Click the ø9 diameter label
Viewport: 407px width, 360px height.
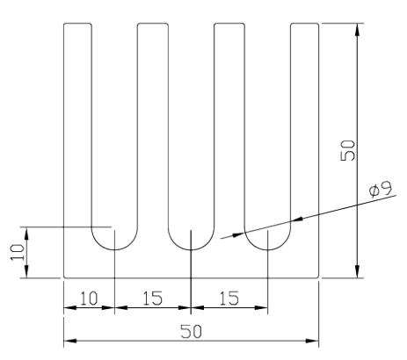coord(381,190)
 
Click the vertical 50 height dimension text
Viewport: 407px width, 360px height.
coord(348,150)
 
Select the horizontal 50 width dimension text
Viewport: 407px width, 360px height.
coord(191,331)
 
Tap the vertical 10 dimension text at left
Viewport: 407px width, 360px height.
coord(18,252)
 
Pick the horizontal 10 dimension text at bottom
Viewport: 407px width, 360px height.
coord(89,299)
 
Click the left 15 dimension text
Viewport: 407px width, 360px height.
coord(152,299)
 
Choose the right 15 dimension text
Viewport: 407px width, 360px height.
coord(229,299)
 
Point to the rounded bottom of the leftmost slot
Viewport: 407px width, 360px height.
coord(114,249)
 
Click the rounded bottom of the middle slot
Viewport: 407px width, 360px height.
coord(191,249)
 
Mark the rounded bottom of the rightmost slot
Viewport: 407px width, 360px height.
coord(267,249)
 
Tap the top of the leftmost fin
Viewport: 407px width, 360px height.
coord(77,23)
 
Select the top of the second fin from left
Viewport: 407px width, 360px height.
coord(153,23)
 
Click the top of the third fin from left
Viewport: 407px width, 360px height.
coord(229,23)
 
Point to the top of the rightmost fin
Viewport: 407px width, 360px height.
coord(305,23)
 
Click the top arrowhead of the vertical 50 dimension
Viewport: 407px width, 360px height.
coord(357,29)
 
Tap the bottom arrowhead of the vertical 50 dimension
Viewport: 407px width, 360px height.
coord(357,271)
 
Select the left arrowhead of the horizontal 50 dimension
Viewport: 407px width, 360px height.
coord(70,341)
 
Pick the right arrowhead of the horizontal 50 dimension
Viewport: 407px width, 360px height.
coord(312,341)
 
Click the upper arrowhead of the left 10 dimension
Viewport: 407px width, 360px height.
coord(26,234)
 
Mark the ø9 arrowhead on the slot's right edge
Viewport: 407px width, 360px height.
coord(297,219)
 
